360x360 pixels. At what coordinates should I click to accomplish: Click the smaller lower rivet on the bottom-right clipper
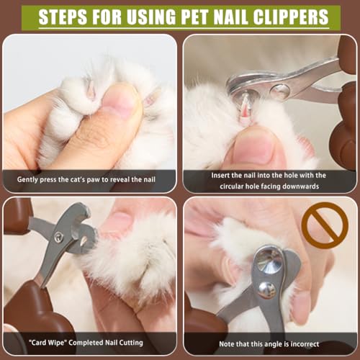pyautogui.click(x=266, y=289)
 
